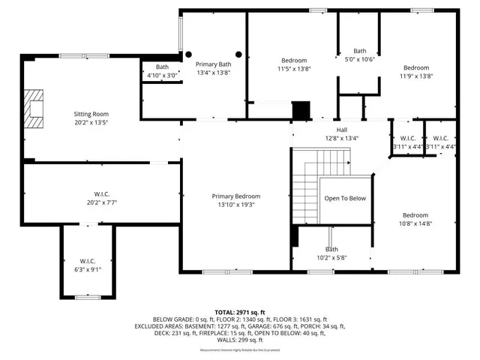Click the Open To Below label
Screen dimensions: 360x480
pos(345,199)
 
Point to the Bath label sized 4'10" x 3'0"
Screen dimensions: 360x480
pos(162,67)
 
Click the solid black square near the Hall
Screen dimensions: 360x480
pos(301,110)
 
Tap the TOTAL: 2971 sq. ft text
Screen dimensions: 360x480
pos(240,311)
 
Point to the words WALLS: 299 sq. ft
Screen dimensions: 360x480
pos(240,340)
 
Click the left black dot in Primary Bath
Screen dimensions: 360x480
pos(189,54)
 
